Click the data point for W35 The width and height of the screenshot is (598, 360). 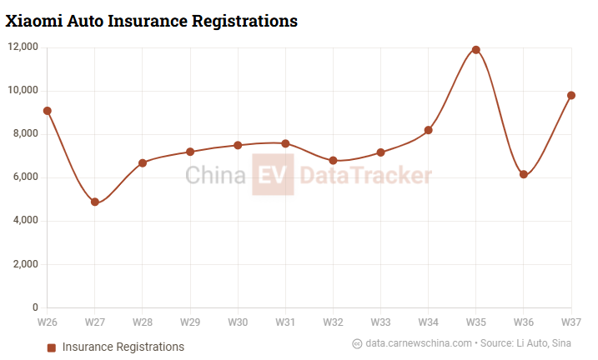[x=476, y=50]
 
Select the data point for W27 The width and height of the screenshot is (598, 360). [x=95, y=202]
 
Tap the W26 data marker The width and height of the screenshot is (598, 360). [x=48, y=111]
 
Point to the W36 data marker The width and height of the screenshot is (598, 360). [x=524, y=174]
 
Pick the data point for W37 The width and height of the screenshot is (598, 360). [x=571, y=95]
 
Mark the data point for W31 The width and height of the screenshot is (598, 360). [x=285, y=143]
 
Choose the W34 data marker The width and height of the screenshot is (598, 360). [x=429, y=130]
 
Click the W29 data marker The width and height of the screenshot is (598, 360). [x=190, y=152]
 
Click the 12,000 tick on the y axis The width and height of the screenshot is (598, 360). [x=23, y=47]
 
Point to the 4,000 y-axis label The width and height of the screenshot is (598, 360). [x=25, y=221]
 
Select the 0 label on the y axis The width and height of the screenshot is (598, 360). [x=34, y=307]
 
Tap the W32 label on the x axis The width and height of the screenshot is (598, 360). [x=333, y=322]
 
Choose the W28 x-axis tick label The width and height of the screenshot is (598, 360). [x=143, y=322]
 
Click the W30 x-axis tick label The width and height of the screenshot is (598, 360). [x=238, y=322]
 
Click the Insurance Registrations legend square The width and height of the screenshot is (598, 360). [x=52, y=347]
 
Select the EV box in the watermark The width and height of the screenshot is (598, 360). [x=274, y=175]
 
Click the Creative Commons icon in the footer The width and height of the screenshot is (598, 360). [x=357, y=343]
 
